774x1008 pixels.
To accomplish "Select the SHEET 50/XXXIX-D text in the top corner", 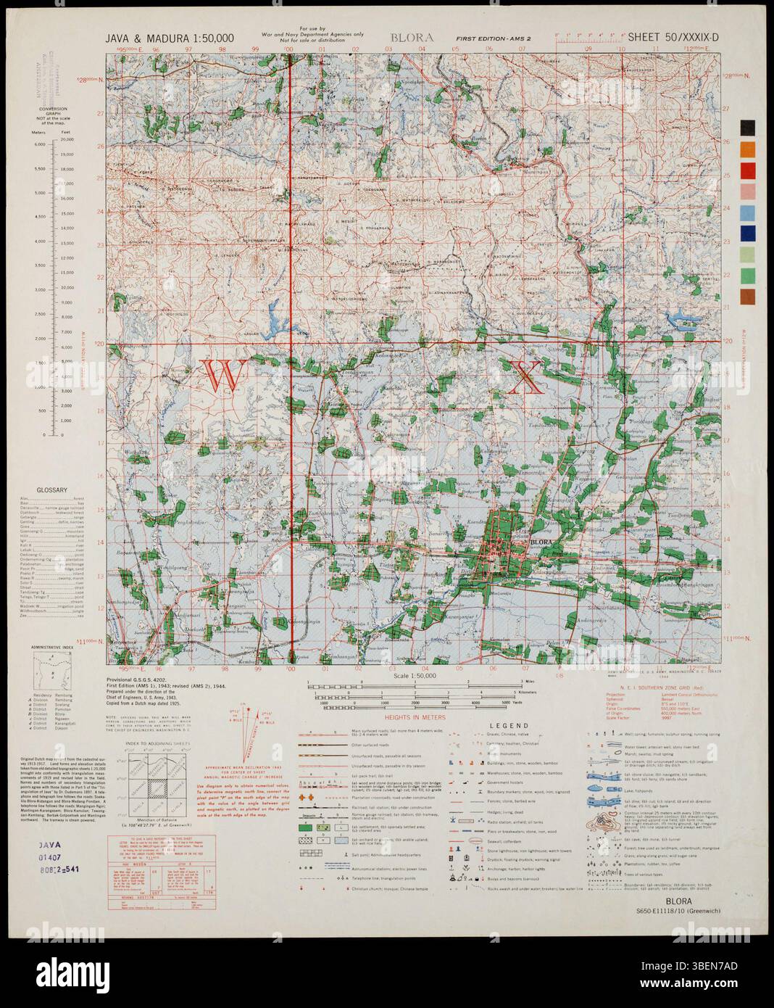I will [x=673, y=37].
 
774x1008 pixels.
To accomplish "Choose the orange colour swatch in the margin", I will [x=748, y=149].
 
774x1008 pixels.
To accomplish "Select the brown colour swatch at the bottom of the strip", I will [x=748, y=297].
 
